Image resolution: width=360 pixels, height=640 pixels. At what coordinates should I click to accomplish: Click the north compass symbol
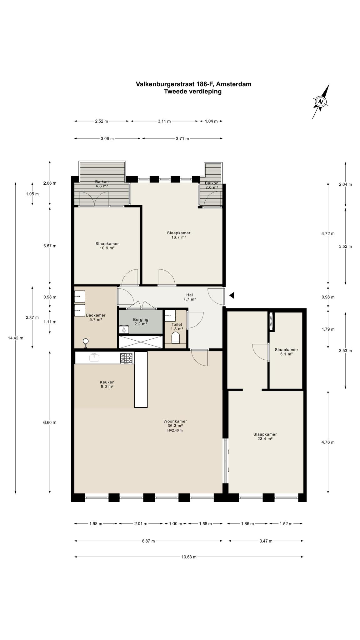point(320,102)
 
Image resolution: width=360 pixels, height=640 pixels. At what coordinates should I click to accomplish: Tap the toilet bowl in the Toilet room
point(176,337)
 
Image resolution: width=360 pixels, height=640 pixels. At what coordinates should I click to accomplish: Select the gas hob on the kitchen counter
point(127,358)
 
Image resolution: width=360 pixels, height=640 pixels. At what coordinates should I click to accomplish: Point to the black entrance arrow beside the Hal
point(232,295)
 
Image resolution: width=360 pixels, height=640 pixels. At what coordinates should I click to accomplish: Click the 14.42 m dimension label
point(16,338)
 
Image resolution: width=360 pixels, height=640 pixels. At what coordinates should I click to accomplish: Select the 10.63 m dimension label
point(189,557)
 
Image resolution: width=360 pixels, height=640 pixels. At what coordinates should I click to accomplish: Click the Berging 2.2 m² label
point(141,322)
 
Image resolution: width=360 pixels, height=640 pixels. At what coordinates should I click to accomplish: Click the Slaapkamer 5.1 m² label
point(286,352)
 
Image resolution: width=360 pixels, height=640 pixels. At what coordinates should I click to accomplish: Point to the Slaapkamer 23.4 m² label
point(265,436)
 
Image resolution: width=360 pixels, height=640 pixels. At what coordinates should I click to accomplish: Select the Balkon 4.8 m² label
point(102,184)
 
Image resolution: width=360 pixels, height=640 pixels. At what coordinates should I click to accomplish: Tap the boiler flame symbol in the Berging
point(124,329)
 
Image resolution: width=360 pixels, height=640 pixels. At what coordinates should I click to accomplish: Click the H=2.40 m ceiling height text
point(175,430)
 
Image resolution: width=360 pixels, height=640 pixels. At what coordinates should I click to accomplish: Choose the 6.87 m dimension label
point(148,541)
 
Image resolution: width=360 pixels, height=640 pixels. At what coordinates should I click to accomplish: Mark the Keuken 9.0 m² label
point(107,384)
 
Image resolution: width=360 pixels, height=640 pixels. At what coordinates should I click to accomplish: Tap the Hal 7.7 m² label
point(189,297)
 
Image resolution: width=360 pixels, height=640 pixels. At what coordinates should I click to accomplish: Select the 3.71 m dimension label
point(182,139)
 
